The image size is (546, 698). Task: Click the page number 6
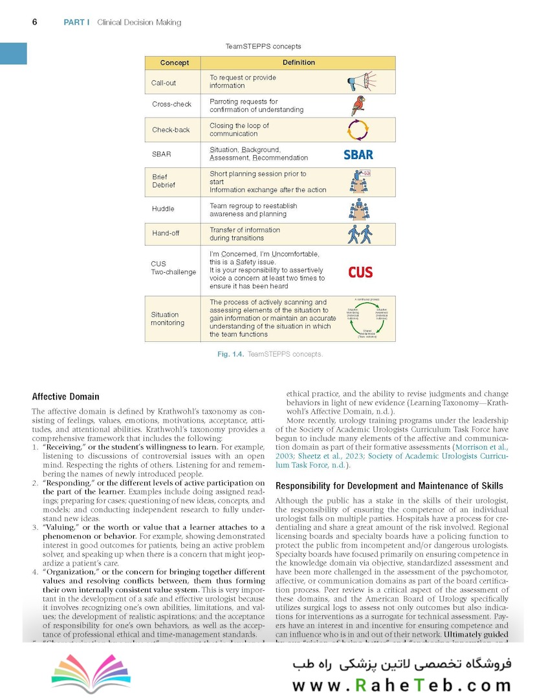point(35,22)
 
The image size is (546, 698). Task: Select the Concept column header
point(175,63)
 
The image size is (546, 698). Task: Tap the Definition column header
point(299,63)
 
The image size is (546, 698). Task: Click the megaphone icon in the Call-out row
point(360,81)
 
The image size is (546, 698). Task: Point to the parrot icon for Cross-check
point(358,105)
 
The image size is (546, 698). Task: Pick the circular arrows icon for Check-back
point(358,130)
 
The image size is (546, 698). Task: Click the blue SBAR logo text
point(358,154)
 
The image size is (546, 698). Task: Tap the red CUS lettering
point(360,272)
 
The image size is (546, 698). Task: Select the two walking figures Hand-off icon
point(360,233)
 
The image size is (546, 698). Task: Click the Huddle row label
point(163,209)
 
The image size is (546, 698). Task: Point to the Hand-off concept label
point(166,233)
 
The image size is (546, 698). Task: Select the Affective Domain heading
point(65,396)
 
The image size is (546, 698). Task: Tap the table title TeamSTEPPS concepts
point(263,47)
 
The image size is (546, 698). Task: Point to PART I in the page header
point(76,23)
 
